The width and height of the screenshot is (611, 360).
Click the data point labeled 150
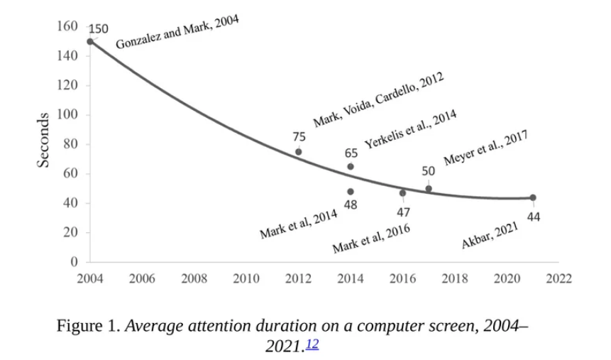coord(90,41)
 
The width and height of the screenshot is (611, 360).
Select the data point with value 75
coord(299,152)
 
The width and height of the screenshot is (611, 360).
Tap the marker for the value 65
coord(351,167)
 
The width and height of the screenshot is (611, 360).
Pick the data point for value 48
coord(351,192)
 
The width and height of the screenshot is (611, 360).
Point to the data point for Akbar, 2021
coord(533,197)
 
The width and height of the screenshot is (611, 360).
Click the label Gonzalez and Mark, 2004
coord(177,32)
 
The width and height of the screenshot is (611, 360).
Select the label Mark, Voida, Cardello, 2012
coord(378,98)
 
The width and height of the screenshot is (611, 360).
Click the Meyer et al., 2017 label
coord(485,148)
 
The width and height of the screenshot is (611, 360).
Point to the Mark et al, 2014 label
coord(298,224)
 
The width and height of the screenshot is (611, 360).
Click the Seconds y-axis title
coord(44,140)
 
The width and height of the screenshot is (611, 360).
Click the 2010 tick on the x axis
coord(246,278)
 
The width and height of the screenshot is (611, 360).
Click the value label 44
coord(534,217)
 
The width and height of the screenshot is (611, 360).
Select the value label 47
coord(402,212)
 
